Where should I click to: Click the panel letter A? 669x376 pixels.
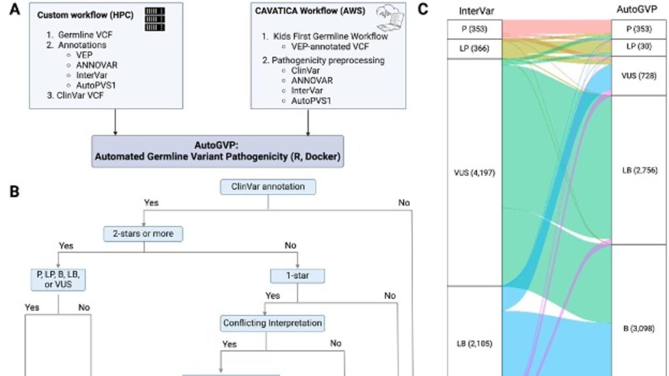(x=15, y=9)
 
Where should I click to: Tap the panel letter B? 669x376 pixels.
(x=15, y=192)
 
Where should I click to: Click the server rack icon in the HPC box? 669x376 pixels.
(x=154, y=19)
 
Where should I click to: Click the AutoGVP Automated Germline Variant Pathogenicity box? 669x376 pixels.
(x=218, y=151)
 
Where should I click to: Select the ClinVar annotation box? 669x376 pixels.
(x=268, y=187)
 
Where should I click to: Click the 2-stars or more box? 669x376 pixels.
(x=144, y=234)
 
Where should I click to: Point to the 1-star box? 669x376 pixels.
(x=297, y=276)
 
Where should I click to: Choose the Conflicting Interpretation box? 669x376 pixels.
(x=273, y=323)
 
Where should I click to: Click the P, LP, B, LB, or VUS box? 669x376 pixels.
(x=58, y=280)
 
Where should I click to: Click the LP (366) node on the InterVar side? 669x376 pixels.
(x=474, y=48)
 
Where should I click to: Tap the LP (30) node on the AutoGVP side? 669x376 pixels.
(x=639, y=47)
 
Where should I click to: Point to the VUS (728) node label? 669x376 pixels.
(x=639, y=76)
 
